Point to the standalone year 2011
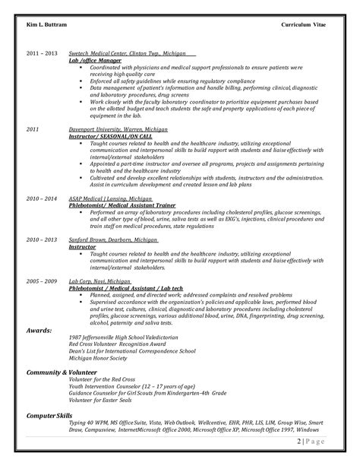[x=32, y=130]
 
